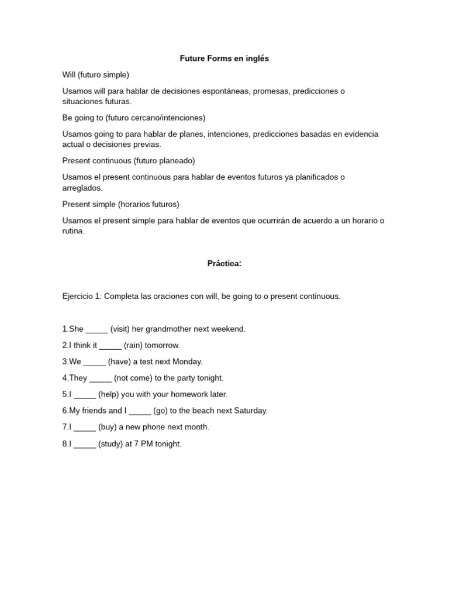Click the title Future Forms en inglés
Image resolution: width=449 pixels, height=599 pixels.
[224, 58]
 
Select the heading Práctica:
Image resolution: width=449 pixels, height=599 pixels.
[224, 263]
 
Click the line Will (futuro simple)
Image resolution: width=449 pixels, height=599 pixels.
[96, 75]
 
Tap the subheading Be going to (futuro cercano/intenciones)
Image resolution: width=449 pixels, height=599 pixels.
[134, 118]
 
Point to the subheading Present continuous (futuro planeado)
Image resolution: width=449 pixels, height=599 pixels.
[129, 160]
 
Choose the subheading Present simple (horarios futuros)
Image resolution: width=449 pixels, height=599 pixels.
[121, 204]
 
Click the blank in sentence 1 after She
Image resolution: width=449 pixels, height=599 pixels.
[96, 330]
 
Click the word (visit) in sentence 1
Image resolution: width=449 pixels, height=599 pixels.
[120, 329]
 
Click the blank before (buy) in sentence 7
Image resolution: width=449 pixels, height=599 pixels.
[84, 428]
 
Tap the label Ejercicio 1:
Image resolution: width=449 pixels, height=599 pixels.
[81, 297]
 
